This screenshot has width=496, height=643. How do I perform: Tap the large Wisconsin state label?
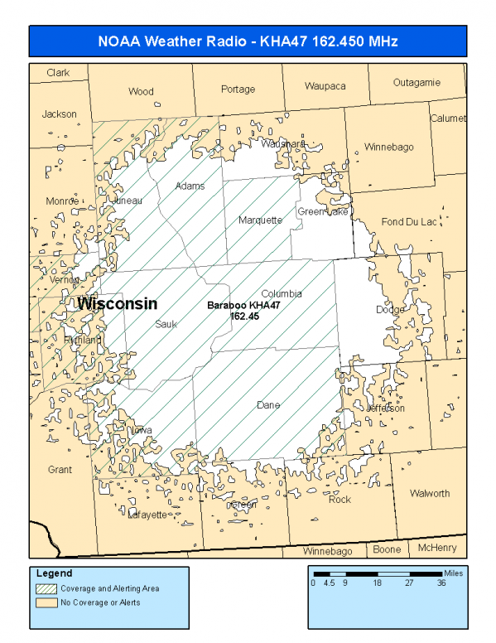(117, 304)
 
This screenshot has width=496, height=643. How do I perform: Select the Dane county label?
(268, 405)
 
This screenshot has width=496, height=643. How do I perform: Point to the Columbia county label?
(282, 294)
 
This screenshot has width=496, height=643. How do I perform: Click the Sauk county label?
(166, 325)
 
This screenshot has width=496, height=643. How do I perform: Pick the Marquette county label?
(260, 220)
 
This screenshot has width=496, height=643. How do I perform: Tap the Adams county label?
(190, 186)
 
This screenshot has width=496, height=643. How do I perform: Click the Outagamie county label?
(417, 83)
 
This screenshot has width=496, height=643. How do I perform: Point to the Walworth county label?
(430, 494)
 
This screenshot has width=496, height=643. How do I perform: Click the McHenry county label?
(436, 549)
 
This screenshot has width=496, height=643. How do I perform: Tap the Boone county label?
(387, 549)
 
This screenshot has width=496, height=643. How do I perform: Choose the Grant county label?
(60, 470)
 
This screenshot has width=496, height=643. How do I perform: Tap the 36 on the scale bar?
(442, 583)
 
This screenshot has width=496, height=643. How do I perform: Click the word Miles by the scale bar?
(454, 572)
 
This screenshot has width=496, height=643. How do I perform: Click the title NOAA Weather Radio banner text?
(248, 41)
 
